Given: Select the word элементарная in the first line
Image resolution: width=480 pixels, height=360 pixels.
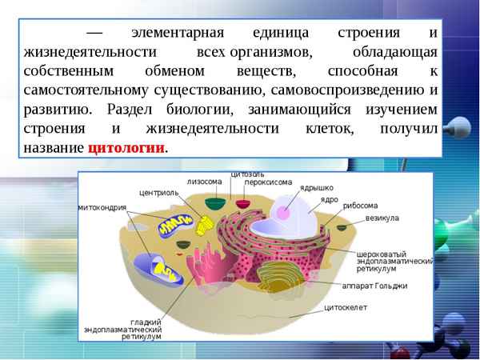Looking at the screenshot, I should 170,34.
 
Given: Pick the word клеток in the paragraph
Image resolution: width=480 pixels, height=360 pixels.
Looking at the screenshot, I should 326,129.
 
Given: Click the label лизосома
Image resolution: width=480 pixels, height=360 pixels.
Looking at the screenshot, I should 204,182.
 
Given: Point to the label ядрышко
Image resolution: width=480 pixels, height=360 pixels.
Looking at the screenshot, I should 316,188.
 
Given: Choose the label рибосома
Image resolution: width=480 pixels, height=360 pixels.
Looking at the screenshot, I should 361,205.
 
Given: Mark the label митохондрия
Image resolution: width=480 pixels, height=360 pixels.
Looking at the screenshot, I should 102,207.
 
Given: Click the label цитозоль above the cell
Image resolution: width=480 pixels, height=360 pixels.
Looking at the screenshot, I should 247,174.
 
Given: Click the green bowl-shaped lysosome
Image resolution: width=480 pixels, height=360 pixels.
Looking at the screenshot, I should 214,203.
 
